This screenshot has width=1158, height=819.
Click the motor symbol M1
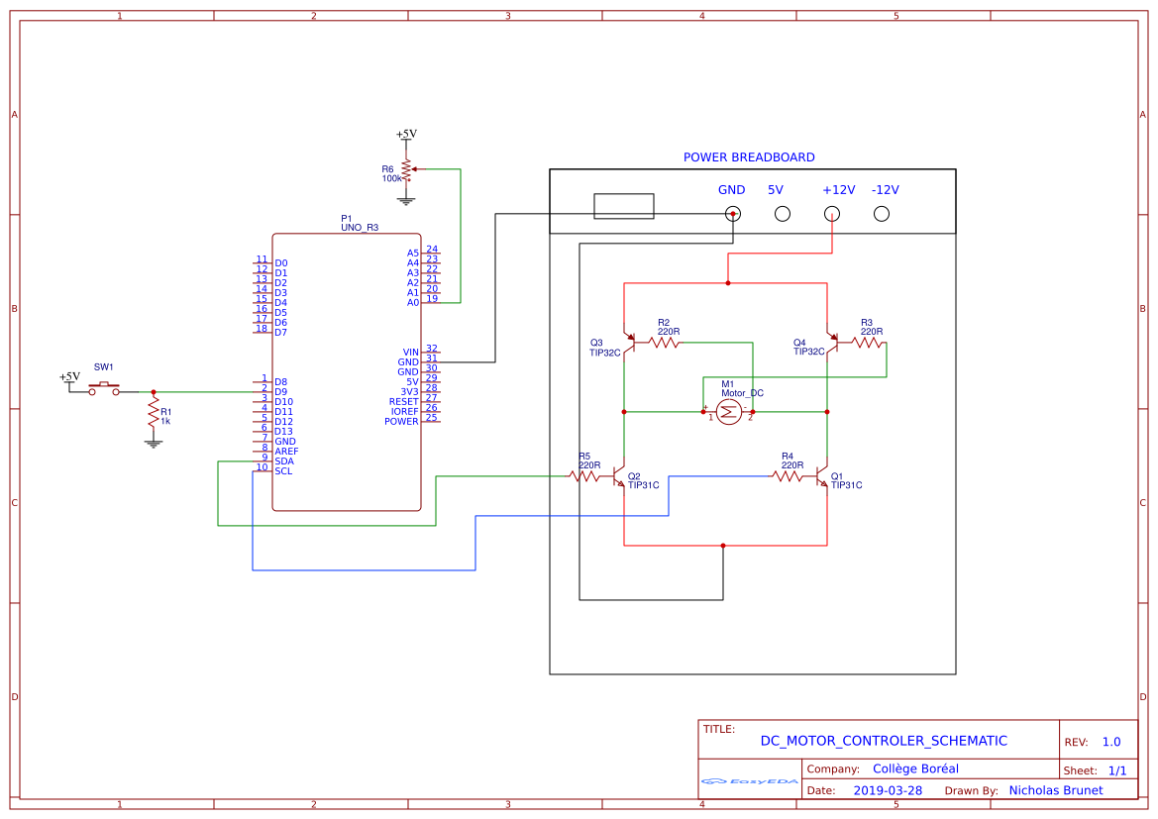point(728,413)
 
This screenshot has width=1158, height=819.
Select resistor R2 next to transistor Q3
point(664,343)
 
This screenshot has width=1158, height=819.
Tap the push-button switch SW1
point(104,390)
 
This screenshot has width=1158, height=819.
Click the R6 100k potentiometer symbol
point(405,170)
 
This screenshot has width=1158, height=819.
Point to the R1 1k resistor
point(153,413)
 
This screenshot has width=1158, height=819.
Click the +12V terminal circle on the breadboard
point(832,213)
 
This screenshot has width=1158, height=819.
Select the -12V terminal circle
point(881,213)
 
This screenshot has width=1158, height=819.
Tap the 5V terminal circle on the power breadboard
point(782,213)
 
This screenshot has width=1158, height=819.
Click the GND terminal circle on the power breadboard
point(732,213)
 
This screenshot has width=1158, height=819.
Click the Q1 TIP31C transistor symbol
point(823,476)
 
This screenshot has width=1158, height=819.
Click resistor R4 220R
point(789,476)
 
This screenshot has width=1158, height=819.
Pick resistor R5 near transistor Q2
point(584,476)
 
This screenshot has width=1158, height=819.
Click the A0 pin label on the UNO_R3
point(413,302)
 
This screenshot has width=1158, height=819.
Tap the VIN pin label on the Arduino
point(411,353)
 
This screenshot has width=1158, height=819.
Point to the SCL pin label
point(283,471)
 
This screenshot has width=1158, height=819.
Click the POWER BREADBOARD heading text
point(749,157)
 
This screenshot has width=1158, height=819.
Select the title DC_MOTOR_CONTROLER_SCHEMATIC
point(884,741)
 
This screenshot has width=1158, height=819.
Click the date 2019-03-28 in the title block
point(888,790)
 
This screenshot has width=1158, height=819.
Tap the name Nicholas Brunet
point(1055,790)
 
